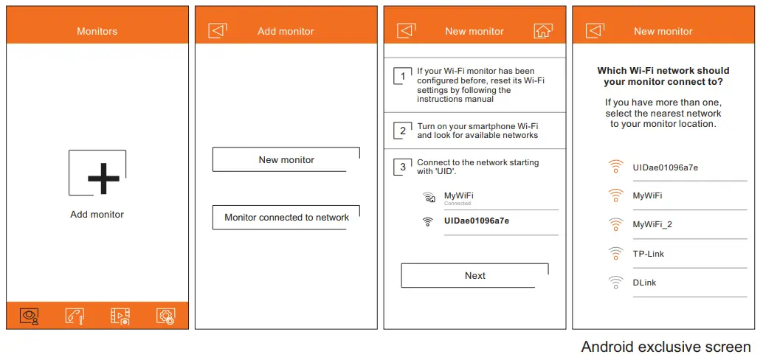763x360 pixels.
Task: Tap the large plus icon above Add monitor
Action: point(103,177)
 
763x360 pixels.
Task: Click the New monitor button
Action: point(286,159)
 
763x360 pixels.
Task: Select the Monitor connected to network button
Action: point(286,218)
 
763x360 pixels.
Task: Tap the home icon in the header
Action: point(542,31)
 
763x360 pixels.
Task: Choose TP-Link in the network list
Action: point(648,254)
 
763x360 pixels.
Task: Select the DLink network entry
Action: point(644,283)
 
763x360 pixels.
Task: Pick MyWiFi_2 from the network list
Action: point(652,224)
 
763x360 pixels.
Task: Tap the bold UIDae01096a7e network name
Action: point(476,221)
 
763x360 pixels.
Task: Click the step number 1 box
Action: point(403,76)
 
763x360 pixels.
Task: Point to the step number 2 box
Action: point(403,131)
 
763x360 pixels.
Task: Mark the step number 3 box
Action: point(403,167)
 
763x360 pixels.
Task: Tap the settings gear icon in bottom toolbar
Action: point(165,316)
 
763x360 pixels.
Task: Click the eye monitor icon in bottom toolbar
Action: point(30,316)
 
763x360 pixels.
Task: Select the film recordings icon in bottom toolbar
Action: point(120,316)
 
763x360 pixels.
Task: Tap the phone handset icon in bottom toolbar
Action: point(75,316)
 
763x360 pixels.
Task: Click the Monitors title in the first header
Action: point(97,32)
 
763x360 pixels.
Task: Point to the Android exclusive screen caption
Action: point(666,347)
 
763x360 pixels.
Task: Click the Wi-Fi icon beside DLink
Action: point(615,283)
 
